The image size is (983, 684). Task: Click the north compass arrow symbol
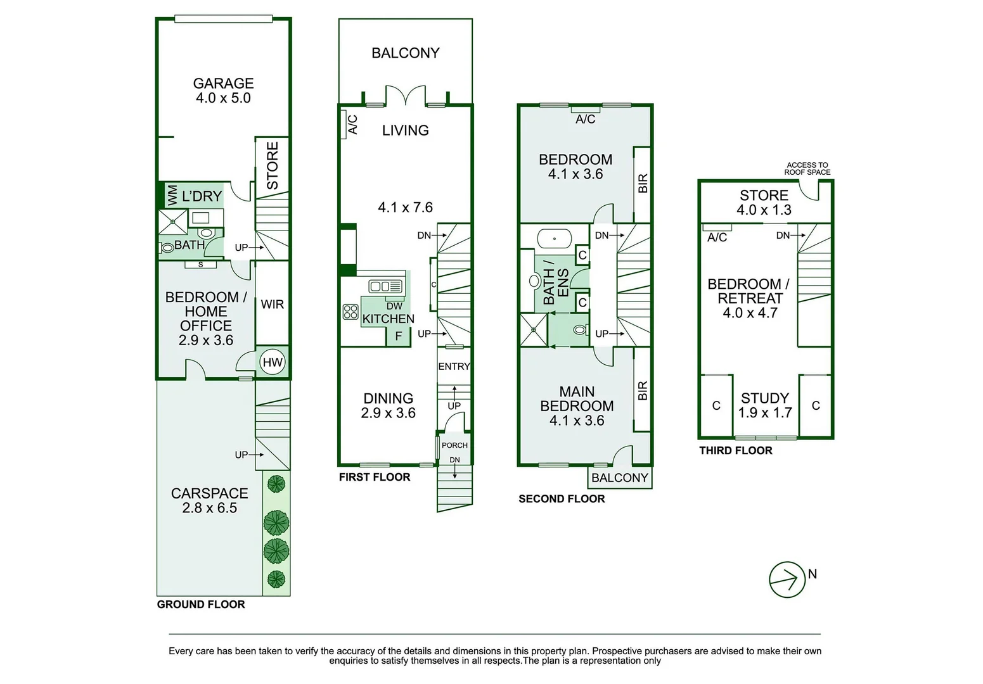[x=787, y=579]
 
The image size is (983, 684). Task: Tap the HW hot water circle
[x=272, y=362]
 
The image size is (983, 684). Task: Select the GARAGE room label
[x=223, y=84]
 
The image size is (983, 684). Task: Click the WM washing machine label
[x=172, y=195]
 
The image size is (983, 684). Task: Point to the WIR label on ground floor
[x=272, y=304]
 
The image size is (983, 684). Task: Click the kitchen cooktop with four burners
[x=350, y=312]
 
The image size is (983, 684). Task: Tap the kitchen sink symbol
[x=385, y=286]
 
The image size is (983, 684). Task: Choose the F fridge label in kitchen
[x=399, y=336]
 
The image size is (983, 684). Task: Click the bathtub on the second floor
[x=555, y=239]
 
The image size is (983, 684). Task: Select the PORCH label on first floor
[x=454, y=445]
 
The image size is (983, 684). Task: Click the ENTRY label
[x=454, y=367]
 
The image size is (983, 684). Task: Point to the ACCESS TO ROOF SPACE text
[x=807, y=169]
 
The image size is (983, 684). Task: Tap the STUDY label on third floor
[x=765, y=398]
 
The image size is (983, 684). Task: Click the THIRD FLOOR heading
[x=736, y=450]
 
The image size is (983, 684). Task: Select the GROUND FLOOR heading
[x=201, y=604]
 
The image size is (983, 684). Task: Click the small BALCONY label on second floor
[x=620, y=478]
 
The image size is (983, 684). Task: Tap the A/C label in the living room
[x=353, y=125]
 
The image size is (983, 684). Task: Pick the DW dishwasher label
[x=394, y=306]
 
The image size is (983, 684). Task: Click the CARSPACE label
[x=209, y=493]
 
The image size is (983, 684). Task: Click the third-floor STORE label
[x=764, y=195]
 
